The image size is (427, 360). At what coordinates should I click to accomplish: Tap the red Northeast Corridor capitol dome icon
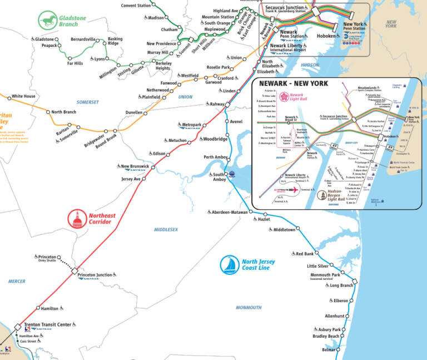pos(77,219)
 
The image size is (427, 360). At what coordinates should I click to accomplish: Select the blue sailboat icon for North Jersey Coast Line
pos(229,265)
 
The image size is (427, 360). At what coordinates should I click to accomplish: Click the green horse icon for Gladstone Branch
pos(48,21)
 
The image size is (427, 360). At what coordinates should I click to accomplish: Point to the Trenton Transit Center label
pos(49,325)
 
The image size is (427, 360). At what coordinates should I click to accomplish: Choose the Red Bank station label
pos(305,254)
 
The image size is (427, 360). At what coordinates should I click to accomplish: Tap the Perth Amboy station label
pos(216,157)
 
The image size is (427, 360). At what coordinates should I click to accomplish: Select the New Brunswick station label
pos(135,166)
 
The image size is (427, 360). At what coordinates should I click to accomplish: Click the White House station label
pos(23,96)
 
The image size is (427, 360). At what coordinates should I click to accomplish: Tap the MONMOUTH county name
pos(248,308)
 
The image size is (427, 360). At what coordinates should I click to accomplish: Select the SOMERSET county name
pos(87,102)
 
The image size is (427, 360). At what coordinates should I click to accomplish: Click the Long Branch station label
pos(341,285)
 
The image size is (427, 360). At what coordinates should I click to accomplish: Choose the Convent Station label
pos(136,6)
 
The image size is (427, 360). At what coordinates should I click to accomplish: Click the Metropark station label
pos(191,125)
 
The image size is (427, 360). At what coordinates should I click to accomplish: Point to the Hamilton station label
pos(49,308)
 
